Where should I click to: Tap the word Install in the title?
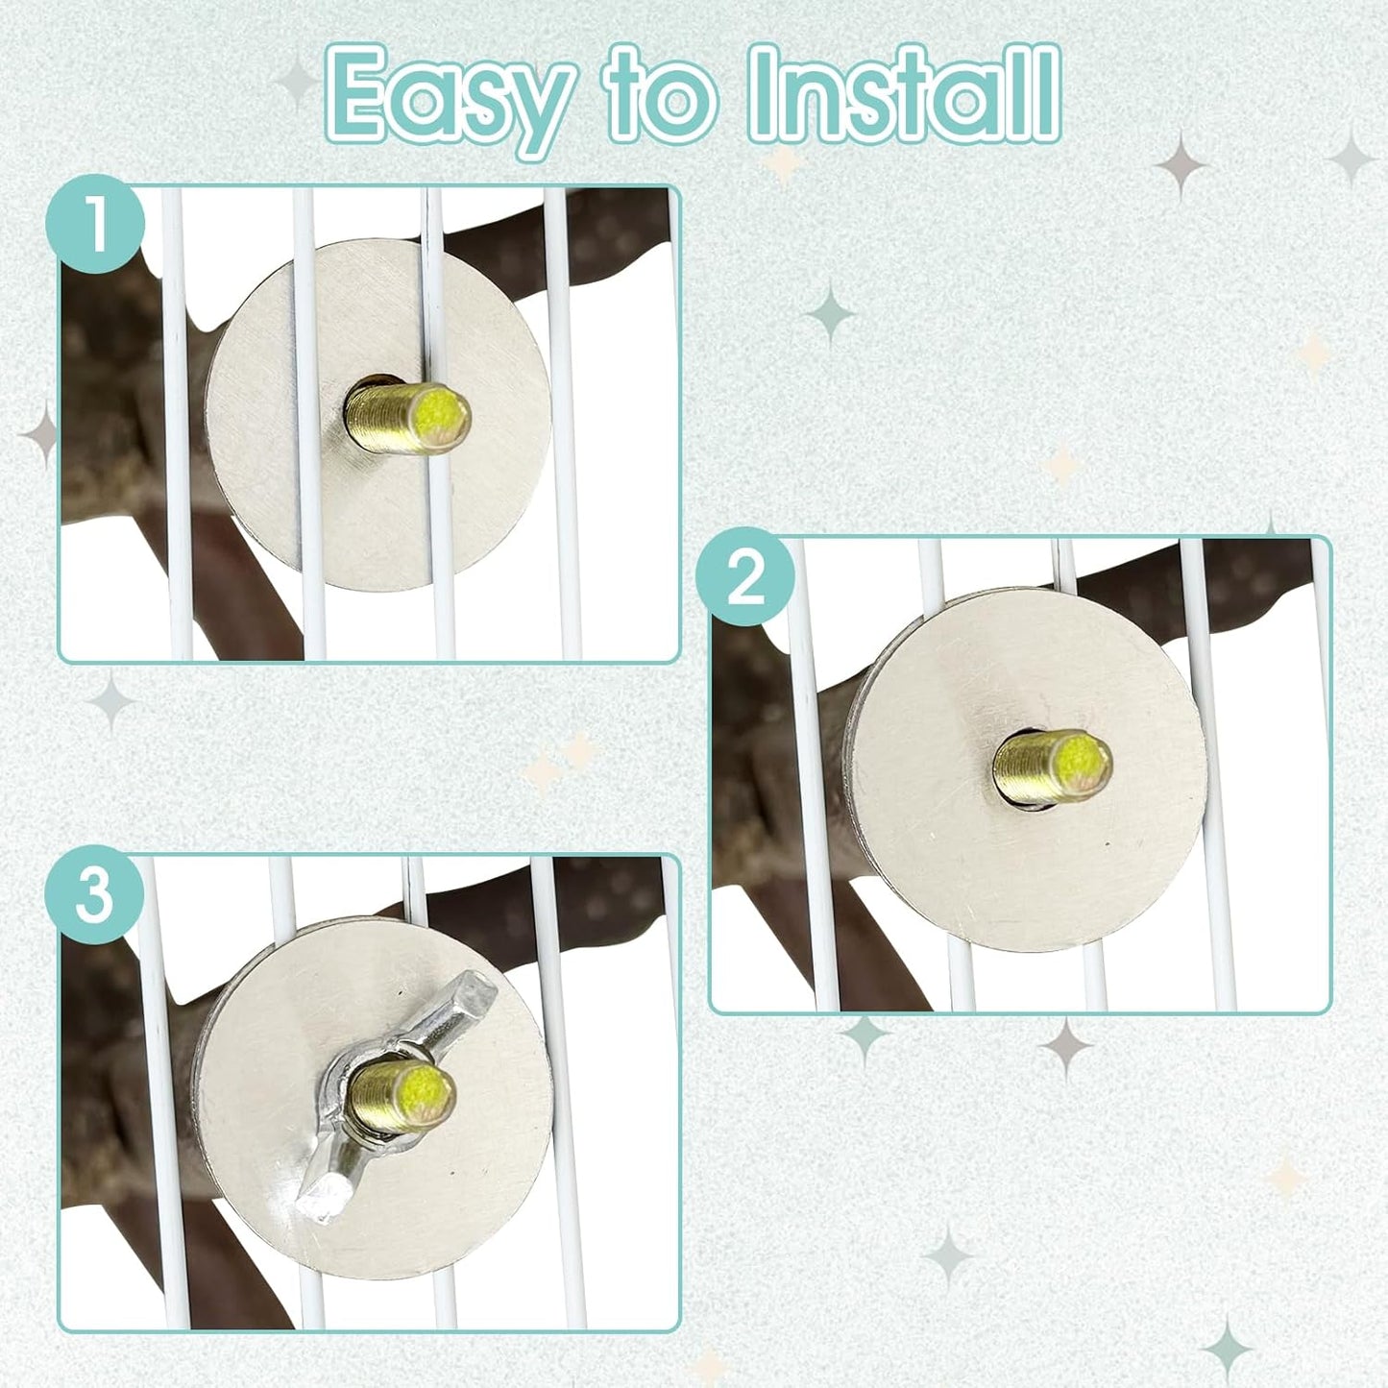(x=905, y=92)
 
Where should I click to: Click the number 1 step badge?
(x=95, y=223)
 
